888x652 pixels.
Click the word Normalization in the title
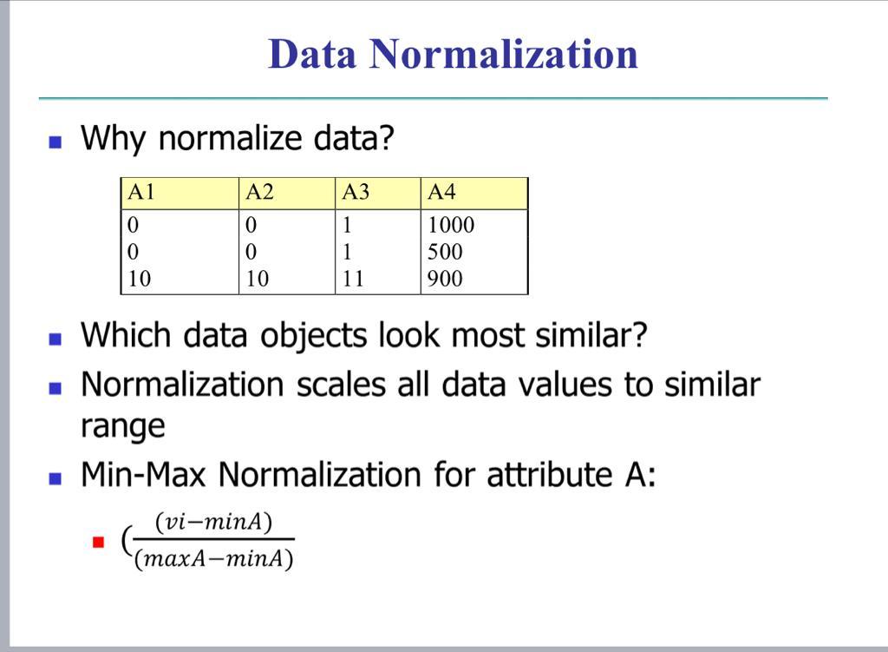504,54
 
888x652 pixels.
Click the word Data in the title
312,54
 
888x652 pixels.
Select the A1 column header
141,192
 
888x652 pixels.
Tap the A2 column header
260,192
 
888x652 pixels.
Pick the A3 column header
356,192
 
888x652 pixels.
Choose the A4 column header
441,192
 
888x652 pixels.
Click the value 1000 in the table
451,225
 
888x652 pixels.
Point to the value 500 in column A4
445,252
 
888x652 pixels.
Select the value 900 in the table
445,279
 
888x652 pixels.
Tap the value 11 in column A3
353,279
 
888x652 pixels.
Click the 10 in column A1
140,279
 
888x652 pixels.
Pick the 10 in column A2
257,279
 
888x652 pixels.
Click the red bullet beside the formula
99,543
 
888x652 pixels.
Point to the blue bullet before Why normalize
55,142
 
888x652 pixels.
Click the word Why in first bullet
114,138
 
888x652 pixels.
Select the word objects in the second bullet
313,336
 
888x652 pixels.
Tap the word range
123,427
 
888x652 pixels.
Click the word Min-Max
143,474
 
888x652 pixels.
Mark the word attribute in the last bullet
550,474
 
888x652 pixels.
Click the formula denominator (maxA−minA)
214,559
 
